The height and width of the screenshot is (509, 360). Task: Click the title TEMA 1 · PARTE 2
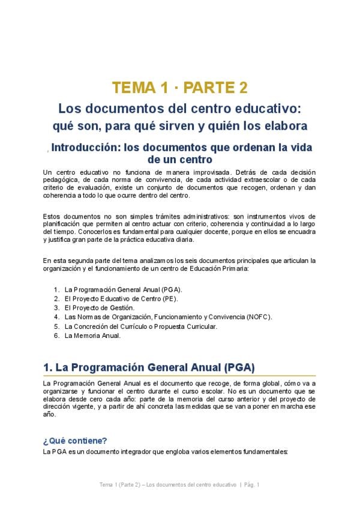click(179, 88)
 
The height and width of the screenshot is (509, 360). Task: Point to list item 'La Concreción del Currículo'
click(140, 327)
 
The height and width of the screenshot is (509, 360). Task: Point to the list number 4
click(56, 317)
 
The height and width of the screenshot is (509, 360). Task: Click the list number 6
click(56, 336)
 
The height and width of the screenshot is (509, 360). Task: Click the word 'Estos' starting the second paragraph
click(52, 216)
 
